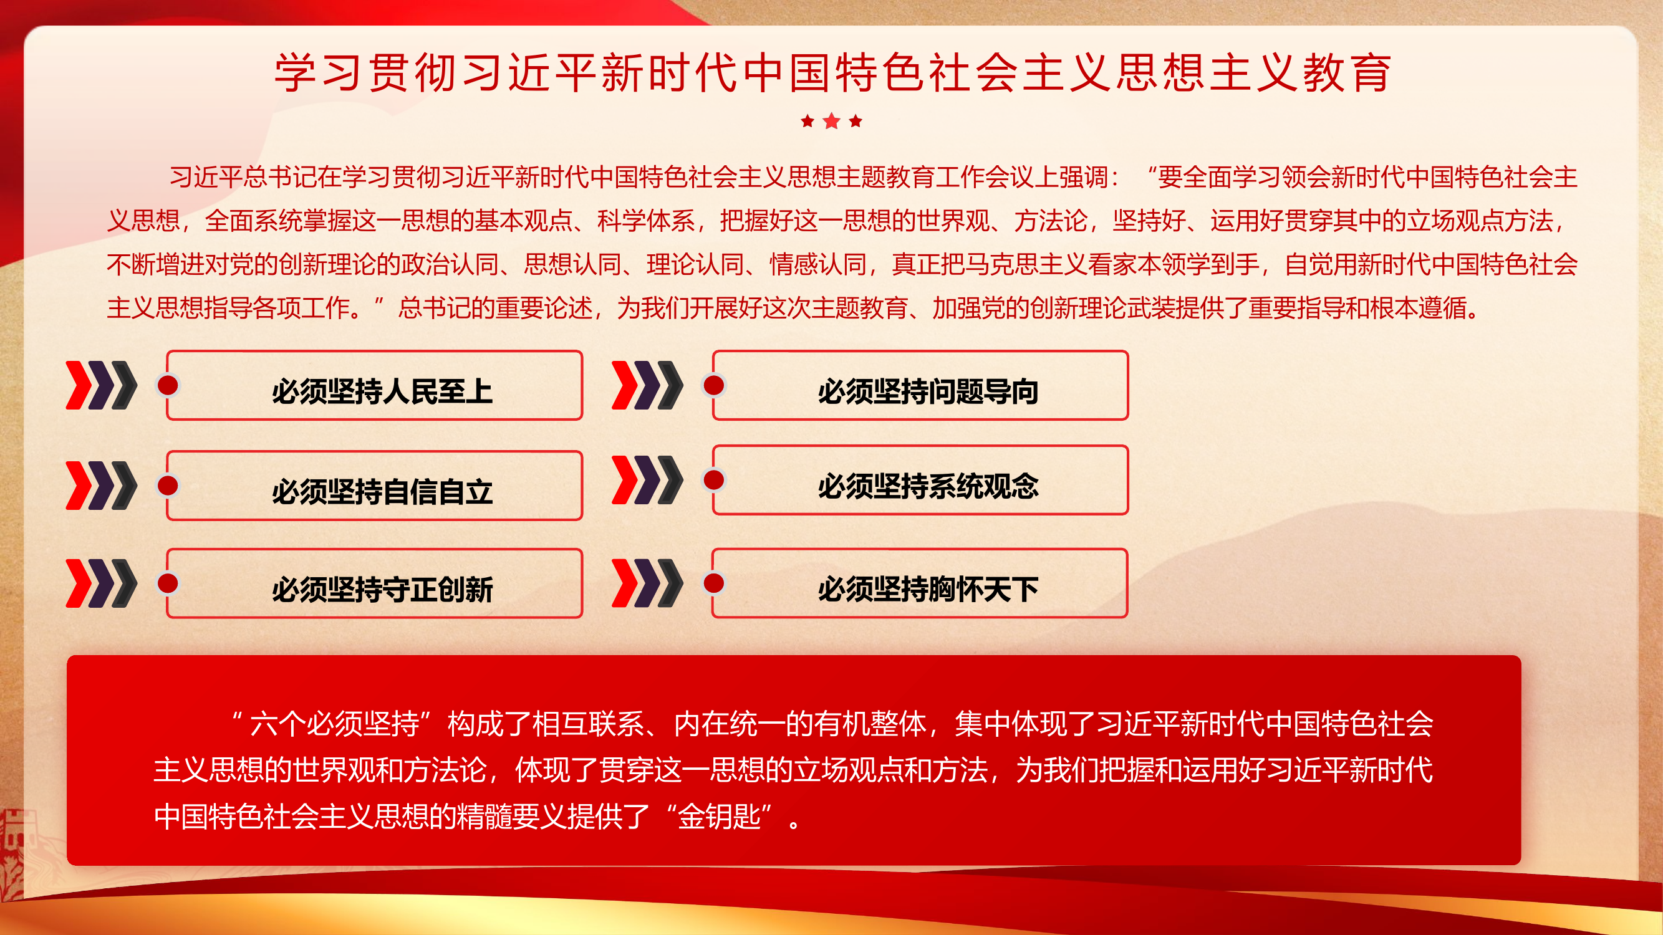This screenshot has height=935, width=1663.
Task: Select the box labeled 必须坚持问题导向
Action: click(x=927, y=387)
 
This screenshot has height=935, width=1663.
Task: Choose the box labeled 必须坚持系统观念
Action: click(x=927, y=481)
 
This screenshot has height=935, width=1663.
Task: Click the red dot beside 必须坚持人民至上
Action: click(x=168, y=386)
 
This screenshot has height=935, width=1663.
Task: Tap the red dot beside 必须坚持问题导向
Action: click(x=713, y=386)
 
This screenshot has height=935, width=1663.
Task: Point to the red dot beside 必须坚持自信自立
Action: click(x=168, y=486)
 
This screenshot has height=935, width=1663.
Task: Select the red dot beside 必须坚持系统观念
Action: click(x=713, y=480)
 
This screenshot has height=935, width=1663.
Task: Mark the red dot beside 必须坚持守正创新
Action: click(x=168, y=583)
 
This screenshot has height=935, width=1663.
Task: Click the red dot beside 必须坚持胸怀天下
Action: click(x=713, y=583)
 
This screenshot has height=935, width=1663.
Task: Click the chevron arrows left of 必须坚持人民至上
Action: click(x=102, y=385)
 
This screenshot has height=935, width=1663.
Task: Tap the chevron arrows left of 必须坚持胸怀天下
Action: click(x=647, y=583)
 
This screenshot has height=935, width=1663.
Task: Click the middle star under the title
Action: click(x=832, y=121)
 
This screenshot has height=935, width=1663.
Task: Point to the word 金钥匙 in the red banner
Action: click(x=719, y=817)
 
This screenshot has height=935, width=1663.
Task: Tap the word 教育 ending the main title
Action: click(x=1347, y=72)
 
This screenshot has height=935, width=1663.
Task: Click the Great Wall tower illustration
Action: click(x=13, y=851)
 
